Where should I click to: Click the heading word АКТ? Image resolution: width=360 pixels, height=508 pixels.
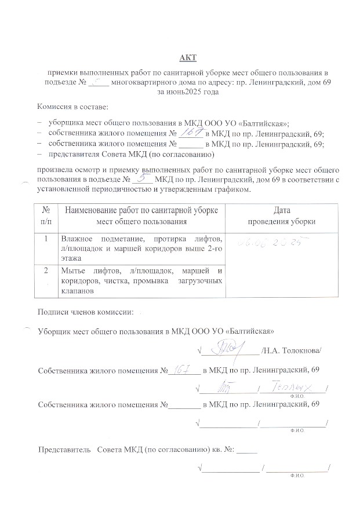point(188,57)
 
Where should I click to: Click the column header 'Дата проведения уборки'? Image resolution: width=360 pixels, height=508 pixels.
point(282,215)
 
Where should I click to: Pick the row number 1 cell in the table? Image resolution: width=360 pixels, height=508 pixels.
point(46,238)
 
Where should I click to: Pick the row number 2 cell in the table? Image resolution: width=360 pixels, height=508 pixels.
point(46,271)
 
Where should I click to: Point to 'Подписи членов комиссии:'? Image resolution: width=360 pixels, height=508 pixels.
point(85,312)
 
